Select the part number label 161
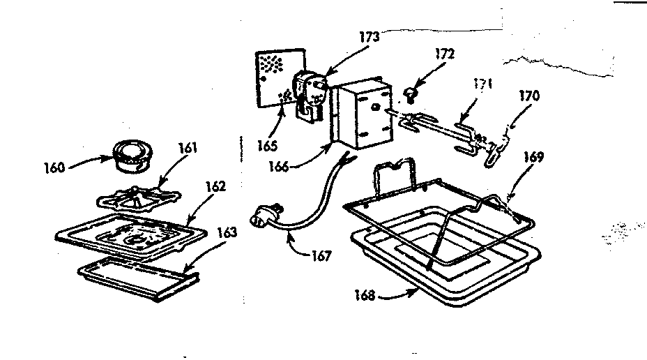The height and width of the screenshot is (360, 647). pyautogui.click(x=188, y=147)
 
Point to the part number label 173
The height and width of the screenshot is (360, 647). pyautogui.click(x=370, y=37)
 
